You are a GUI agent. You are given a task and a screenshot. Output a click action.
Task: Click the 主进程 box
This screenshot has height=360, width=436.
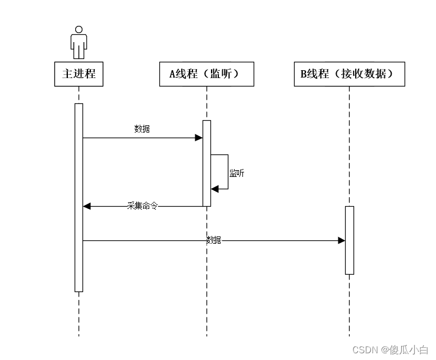(x=79, y=74)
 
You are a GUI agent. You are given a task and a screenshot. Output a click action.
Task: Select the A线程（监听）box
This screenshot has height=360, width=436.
(x=206, y=74)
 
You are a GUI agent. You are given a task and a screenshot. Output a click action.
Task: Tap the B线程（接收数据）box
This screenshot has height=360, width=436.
(x=349, y=74)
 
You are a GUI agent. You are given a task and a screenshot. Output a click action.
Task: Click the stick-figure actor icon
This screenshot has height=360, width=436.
(x=79, y=42)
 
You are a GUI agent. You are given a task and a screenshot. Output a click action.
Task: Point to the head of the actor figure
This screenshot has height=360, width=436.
(x=79, y=29)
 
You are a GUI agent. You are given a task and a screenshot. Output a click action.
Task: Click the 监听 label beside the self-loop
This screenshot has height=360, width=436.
(x=237, y=174)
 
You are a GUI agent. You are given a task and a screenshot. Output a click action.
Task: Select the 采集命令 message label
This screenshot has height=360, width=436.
(x=143, y=206)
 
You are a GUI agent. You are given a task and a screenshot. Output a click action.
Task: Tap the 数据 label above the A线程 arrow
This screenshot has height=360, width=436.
(x=143, y=129)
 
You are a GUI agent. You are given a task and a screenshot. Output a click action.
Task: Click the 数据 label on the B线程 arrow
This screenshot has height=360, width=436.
(x=214, y=240)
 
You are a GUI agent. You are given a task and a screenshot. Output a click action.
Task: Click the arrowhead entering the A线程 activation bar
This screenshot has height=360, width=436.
(x=199, y=138)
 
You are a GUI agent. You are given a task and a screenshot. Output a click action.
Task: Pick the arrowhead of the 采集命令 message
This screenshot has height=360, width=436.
(x=87, y=206)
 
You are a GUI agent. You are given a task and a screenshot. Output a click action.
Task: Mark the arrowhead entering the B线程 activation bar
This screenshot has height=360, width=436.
(x=341, y=240)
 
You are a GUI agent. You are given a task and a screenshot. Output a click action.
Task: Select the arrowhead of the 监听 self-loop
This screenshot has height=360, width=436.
(x=214, y=189)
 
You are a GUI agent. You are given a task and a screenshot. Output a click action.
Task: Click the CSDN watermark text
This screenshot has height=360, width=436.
(x=365, y=349)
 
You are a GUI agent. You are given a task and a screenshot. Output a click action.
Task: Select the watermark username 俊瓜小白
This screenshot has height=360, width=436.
(x=409, y=349)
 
